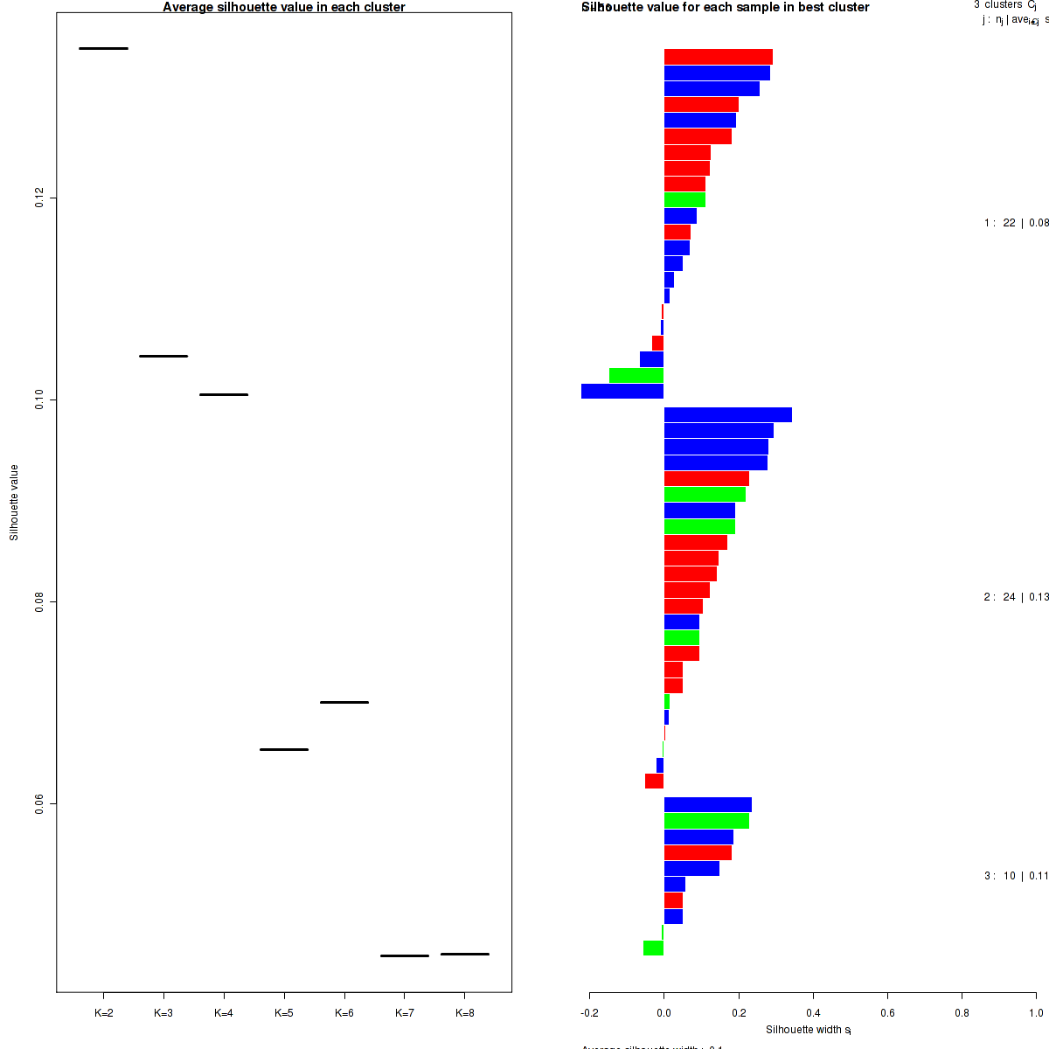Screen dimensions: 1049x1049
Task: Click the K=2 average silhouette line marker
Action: point(103,48)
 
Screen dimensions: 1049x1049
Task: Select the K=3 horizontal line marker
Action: point(163,356)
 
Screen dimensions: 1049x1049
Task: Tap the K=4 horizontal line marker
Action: point(224,394)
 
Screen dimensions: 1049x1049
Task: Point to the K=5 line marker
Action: point(284,749)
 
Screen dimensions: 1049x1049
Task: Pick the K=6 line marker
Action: point(344,702)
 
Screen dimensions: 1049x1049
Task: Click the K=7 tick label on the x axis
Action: point(405,1013)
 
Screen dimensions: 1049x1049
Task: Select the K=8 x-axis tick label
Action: point(465,1013)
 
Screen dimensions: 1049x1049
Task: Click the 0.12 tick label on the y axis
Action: point(39,198)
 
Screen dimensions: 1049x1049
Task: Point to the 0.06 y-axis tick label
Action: point(39,803)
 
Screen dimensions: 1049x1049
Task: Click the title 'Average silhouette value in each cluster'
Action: point(284,7)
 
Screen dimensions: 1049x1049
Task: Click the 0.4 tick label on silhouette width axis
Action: point(813,1013)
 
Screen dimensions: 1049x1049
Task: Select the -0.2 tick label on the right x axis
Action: point(589,1013)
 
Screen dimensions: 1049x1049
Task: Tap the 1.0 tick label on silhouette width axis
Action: point(1036,1013)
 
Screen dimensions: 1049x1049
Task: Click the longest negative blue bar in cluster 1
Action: point(622,392)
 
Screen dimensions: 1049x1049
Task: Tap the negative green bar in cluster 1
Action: point(636,376)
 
